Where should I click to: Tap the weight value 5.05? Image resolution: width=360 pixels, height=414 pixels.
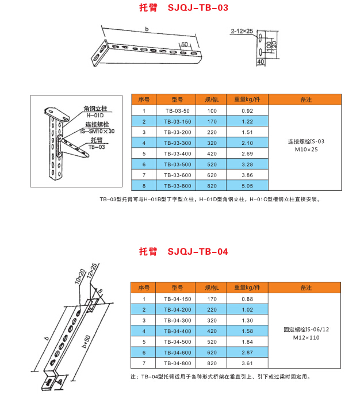247,186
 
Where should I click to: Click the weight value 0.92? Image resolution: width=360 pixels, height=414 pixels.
247,110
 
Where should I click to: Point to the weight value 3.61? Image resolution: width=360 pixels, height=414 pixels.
247,364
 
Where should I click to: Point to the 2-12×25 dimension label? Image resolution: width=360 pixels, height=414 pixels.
242,30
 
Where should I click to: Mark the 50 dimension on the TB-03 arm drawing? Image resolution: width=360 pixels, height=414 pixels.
184,44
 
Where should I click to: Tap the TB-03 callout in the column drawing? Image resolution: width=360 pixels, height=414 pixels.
97,147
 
